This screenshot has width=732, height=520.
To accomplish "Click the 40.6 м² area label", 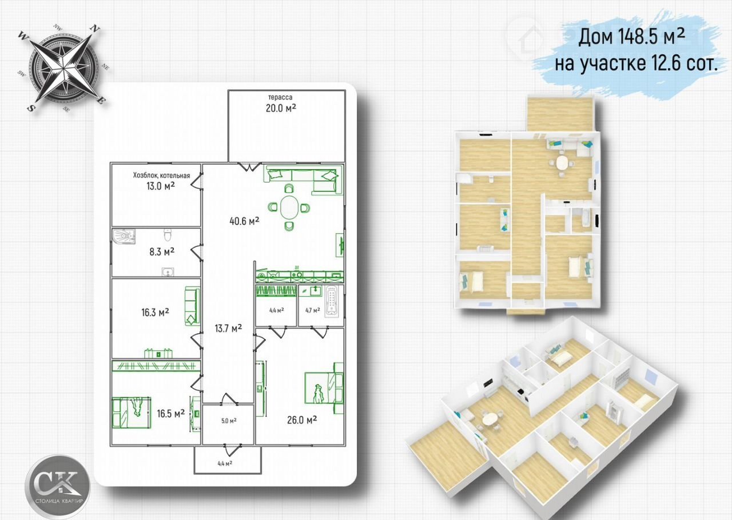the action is pyautogui.click(x=244, y=221).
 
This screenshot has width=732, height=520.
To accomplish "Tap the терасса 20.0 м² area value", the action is pyautogui.click(x=281, y=108).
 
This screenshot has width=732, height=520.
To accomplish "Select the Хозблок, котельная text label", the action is pyautogui.click(x=161, y=175).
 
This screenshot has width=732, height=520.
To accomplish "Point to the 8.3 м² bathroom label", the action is pyautogui.click(x=162, y=252).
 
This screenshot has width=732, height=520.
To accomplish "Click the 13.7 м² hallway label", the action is pyautogui.click(x=228, y=328).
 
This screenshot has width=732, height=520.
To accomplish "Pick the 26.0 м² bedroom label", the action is pyautogui.click(x=302, y=420).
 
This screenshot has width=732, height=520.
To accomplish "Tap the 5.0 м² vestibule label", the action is pyautogui.click(x=229, y=421).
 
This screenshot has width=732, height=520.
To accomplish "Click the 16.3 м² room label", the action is pyautogui.click(x=155, y=312).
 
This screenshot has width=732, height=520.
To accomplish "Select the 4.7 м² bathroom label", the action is pyautogui.click(x=312, y=310).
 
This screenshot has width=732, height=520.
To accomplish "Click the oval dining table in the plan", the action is pyautogui.click(x=289, y=207).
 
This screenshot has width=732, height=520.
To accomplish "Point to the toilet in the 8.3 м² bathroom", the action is pyautogui.click(x=168, y=234).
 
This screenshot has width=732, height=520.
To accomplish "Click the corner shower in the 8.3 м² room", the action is pyautogui.click(x=124, y=236).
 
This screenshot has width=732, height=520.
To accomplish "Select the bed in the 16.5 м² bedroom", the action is pyautogui.click(x=132, y=413).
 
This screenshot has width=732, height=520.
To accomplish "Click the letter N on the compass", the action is pyautogui.click(x=95, y=29).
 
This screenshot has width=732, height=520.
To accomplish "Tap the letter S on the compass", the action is pyautogui.click(x=30, y=107).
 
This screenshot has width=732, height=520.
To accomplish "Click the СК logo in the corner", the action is pyautogui.click(x=58, y=485).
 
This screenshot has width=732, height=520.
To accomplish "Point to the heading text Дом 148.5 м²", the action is pyautogui.click(x=632, y=37).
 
